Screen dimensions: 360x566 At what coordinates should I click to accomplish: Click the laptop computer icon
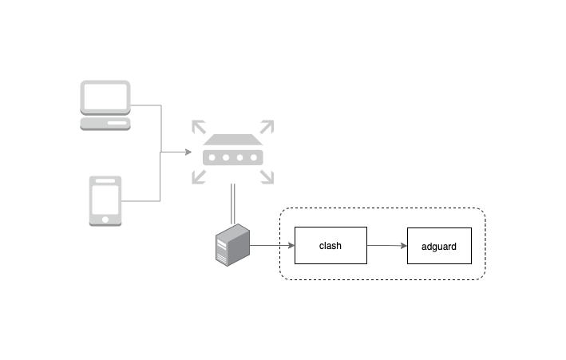105,105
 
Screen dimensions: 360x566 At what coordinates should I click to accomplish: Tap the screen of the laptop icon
105,97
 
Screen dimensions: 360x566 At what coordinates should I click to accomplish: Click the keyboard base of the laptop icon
105,124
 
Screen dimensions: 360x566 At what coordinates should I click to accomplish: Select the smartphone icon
105,201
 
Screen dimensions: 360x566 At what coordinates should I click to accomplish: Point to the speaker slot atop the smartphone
105,183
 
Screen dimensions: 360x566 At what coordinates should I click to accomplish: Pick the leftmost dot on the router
212,157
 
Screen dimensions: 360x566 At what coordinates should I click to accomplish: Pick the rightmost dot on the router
252,157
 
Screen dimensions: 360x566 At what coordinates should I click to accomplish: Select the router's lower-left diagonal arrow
197,177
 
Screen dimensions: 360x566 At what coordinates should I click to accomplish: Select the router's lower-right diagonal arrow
267,177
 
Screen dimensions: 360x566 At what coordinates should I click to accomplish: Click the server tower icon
232,245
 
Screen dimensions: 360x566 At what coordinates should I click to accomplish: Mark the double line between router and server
232,204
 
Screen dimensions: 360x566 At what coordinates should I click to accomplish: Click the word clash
330,246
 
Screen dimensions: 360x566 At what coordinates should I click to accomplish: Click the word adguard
438,247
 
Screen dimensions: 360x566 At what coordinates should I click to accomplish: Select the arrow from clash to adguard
387,246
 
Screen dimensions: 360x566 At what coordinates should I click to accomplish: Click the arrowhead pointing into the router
188,151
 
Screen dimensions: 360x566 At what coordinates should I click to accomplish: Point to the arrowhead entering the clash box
291,246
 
